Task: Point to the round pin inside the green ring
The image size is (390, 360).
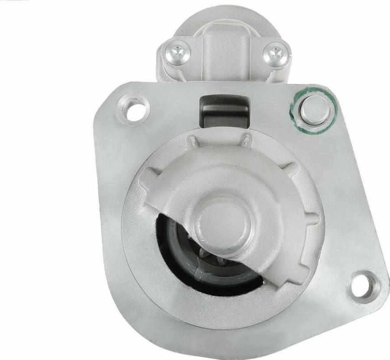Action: pyautogui.click(x=315, y=109)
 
